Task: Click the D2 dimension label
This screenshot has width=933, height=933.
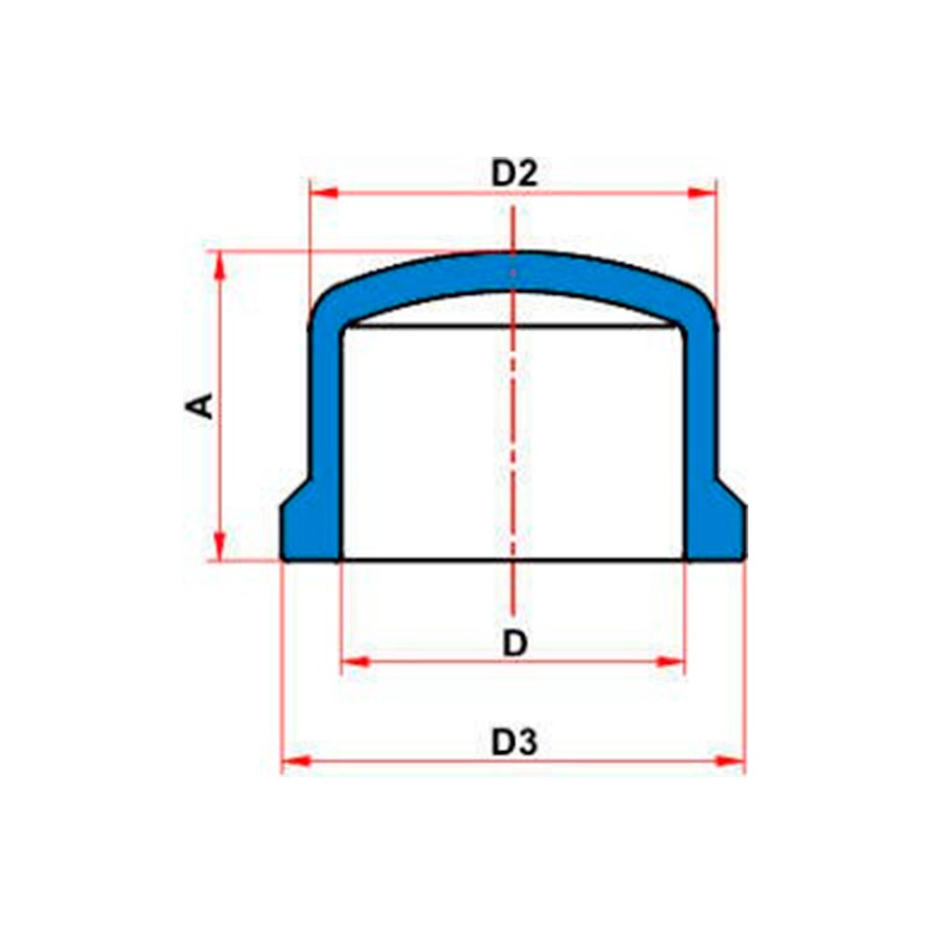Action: click(514, 174)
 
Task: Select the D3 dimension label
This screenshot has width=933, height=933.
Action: click(514, 742)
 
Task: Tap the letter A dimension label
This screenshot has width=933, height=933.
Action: click(200, 406)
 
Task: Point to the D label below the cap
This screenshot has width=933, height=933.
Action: click(515, 643)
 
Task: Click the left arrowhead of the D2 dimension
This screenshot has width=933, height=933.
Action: click(325, 193)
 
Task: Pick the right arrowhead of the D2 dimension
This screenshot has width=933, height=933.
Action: click(703, 193)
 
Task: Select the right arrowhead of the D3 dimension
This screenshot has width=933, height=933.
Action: click(731, 761)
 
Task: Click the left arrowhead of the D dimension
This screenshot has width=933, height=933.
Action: click(356, 661)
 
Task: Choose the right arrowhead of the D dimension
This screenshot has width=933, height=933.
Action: click(671, 661)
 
